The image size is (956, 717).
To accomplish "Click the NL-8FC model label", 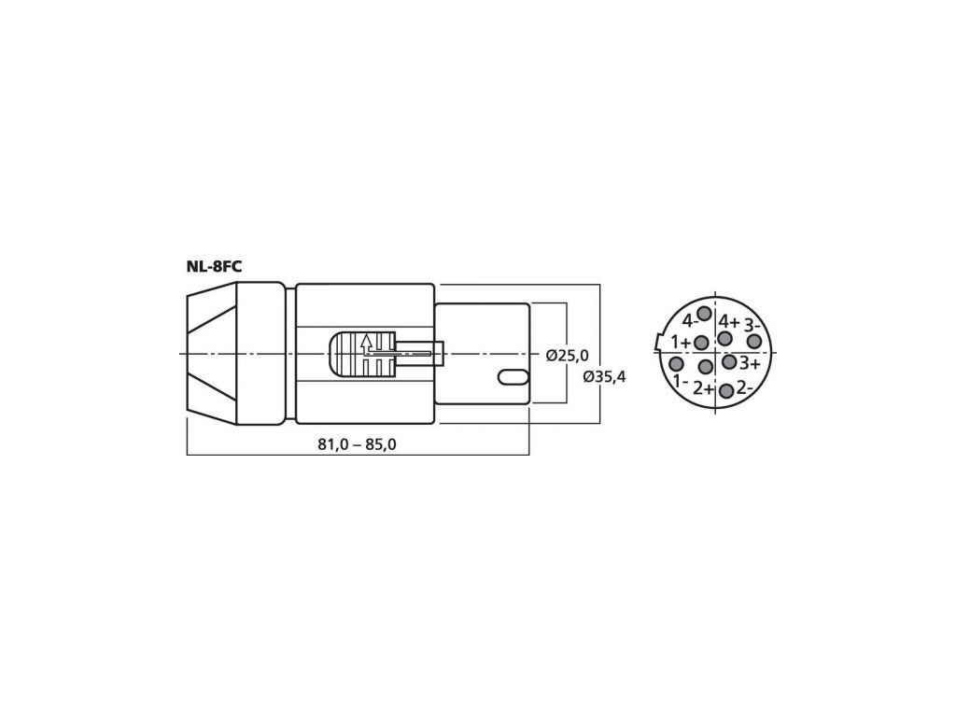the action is (214, 267).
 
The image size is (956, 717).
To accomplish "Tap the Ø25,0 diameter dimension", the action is (568, 356).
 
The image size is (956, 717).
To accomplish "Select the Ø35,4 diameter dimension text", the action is (604, 377).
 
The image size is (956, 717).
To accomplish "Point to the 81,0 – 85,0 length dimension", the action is (357, 444).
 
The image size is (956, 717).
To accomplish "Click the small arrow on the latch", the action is (366, 344).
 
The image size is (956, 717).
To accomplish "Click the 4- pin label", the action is (688, 321).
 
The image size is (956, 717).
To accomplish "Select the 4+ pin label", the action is (729, 321).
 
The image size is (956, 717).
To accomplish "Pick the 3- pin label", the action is (752, 323).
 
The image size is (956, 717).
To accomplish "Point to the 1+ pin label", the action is (681, 343).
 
